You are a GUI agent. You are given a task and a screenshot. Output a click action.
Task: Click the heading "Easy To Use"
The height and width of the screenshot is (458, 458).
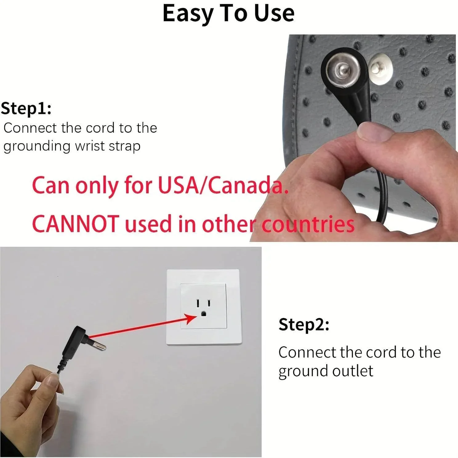pyautogui.click(x=228, y=14)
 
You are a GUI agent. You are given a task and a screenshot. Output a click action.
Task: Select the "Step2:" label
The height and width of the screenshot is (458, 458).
pyautogui.click(x=304, y=324)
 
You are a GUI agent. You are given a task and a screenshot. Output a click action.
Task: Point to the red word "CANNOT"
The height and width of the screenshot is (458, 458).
pyautogui.click(x=75, y=223)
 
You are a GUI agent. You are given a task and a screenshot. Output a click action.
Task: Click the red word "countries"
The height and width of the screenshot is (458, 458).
pyautogui.click(x=308, y=224)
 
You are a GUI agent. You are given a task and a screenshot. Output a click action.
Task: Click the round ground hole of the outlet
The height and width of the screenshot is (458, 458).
pyautogui.click(x=203, y=314)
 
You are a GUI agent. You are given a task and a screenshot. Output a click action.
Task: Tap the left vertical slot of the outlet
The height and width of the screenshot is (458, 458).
pyautogui.click(x=198, y=303)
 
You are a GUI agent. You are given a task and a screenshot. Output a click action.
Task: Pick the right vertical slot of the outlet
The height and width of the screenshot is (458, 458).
pyautogui.click(x=209, y=303)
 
